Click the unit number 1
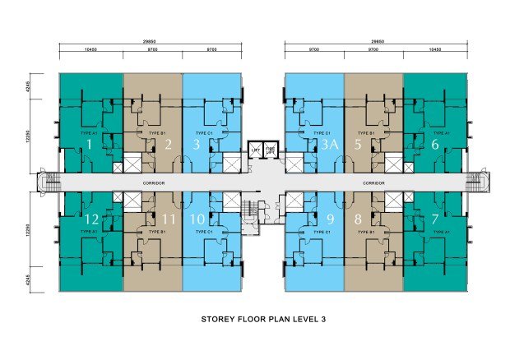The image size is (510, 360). (89, 145)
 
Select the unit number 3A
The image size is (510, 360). (330, 145)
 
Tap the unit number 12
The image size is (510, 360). (92, 219)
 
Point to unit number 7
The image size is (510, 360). (436, 219)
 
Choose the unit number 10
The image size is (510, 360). (197, 219)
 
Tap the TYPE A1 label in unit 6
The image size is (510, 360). (441, 132)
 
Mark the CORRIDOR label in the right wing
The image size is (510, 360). (374, 182)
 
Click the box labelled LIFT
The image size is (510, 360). (255, 150)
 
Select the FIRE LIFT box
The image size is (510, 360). (271, 150)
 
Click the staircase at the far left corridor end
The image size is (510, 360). (49, 182)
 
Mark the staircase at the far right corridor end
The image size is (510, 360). (476, 182)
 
